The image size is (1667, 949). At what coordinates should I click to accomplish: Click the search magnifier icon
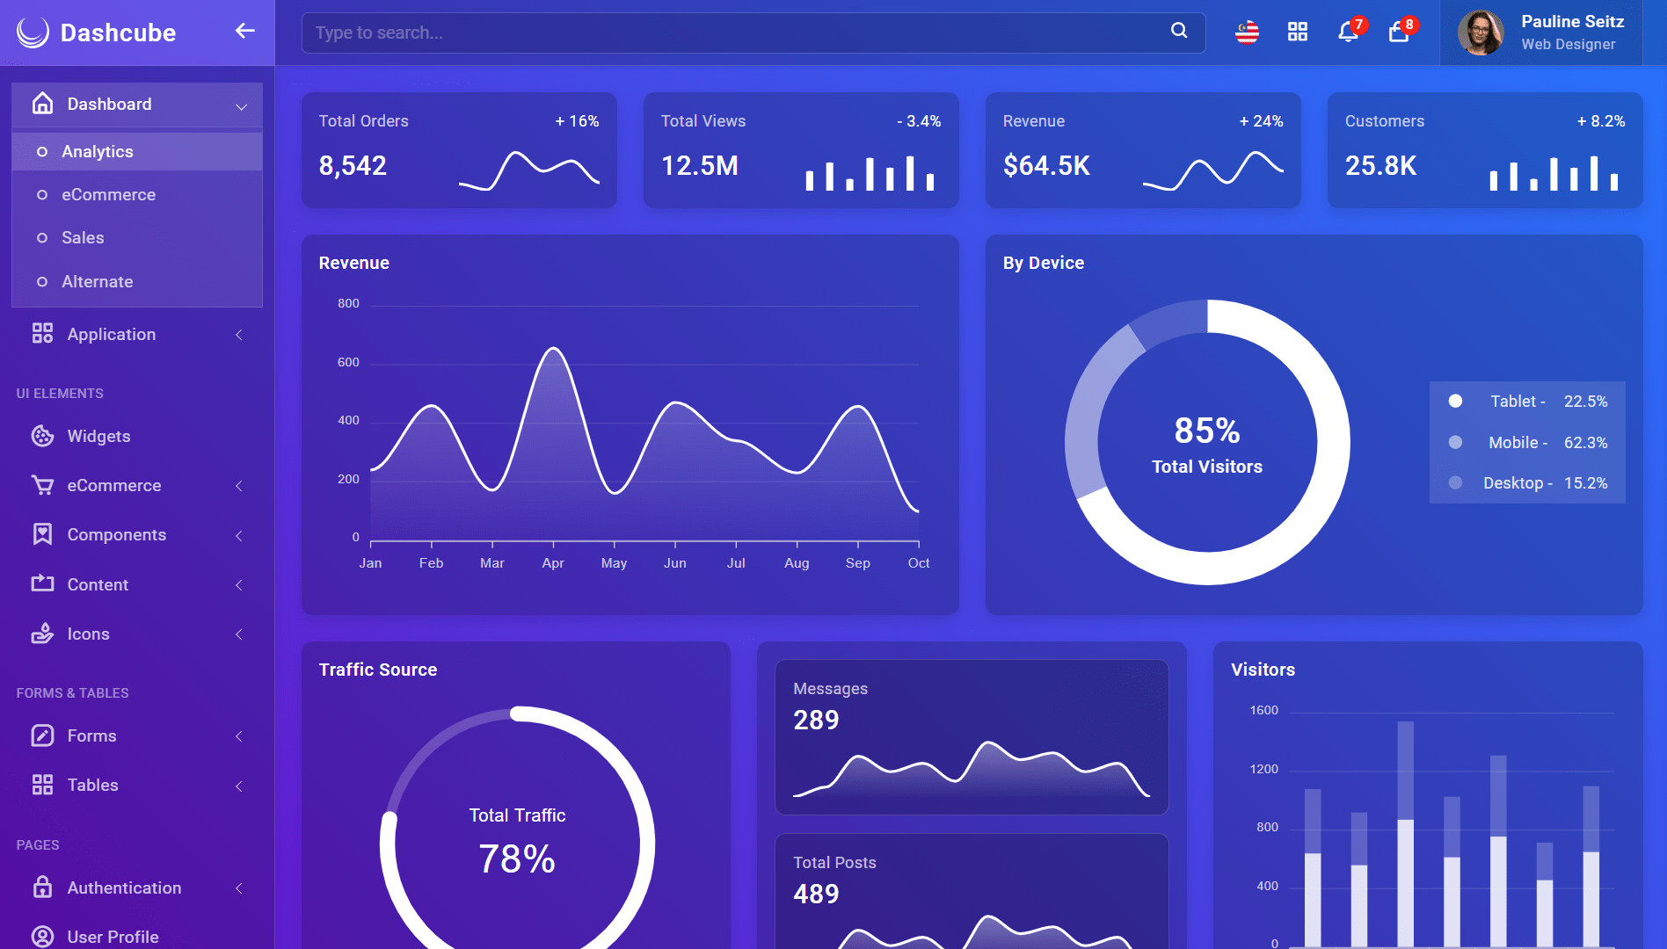1179,31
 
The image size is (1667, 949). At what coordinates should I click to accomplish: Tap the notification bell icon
1348,33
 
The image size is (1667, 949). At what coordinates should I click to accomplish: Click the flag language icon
1248,33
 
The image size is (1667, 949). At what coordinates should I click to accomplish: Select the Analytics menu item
98,151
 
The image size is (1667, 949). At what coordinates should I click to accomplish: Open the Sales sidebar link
83,237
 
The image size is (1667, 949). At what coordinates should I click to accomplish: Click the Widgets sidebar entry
98,436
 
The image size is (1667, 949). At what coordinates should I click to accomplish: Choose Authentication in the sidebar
124,887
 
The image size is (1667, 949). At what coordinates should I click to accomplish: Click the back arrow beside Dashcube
245,31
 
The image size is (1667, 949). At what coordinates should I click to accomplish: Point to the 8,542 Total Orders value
353,165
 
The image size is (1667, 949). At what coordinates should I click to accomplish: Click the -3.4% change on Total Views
919,120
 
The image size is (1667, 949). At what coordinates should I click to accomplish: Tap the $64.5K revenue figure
1046,165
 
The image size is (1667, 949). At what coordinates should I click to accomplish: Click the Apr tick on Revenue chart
553,562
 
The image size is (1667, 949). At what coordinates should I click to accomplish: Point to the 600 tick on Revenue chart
348,362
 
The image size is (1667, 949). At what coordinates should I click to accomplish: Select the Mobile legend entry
1528,442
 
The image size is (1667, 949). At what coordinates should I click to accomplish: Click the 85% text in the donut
1207,431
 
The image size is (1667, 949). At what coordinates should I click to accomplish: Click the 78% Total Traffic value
517,858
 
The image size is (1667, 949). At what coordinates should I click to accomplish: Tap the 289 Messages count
816,720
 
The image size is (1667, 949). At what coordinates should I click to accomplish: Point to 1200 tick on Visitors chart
1264,769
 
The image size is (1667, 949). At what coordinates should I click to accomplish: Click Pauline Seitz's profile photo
1481,33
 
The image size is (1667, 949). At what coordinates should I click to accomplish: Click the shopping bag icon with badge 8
1398,33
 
